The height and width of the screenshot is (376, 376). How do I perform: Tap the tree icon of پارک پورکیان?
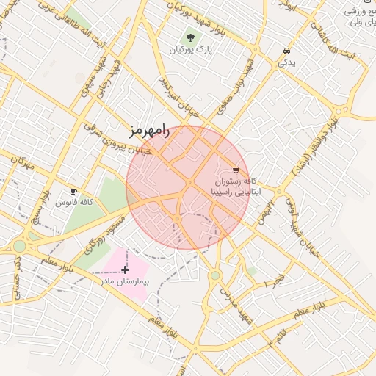pyautogui.click(x=192, y=37)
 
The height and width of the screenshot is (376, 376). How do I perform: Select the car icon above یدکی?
pyautogui.click(x=286, y=51)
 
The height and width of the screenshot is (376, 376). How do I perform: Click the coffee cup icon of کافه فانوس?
pyautogui.click(x=73, y=191)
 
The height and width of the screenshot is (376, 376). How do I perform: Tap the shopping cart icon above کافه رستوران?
pyautogui.click(x=235, y=168)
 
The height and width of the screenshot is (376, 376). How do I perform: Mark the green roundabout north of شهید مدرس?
pyautogui.click(x=215, y=275)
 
